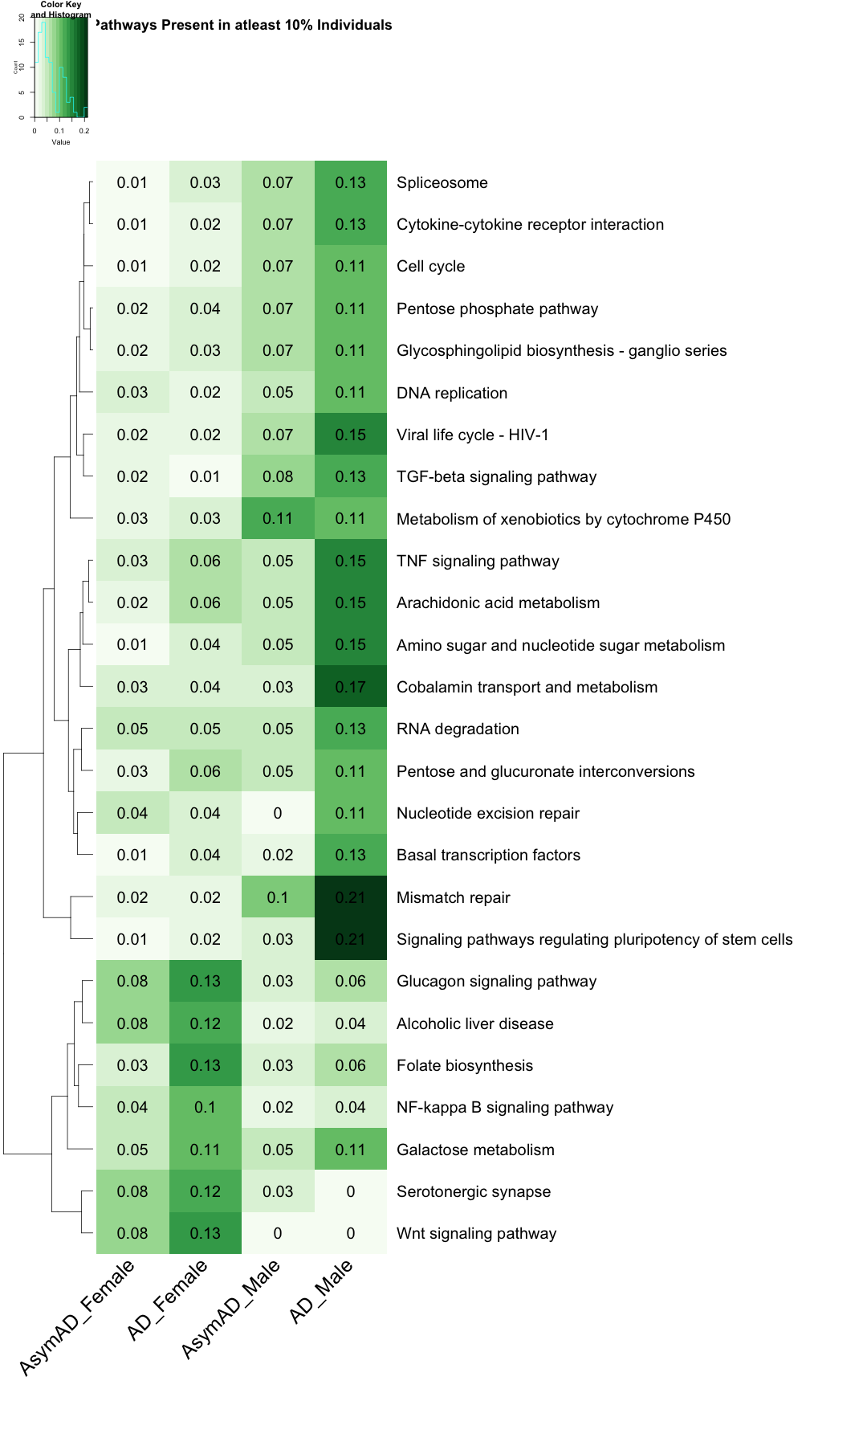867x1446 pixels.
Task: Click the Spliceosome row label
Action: (442, 183)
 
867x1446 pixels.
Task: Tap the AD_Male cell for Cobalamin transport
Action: (350, 687)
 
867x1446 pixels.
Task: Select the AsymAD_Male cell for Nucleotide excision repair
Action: (278, 813)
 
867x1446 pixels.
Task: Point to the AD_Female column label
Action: (167, 1301)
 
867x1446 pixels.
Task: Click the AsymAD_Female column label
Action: (76, 1317)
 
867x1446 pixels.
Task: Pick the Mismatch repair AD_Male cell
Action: (350, 897)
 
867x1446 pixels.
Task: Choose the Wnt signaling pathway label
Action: (476, 1234)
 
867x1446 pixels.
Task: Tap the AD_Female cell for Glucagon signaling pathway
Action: (205, 981)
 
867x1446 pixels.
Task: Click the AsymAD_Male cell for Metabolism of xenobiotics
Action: (278, 519)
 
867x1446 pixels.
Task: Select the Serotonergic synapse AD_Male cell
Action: (350, 1191)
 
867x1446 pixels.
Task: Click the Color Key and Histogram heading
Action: (61, 10)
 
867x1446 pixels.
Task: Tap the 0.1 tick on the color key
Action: (59, 130)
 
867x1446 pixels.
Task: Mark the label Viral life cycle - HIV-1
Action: (472, 435)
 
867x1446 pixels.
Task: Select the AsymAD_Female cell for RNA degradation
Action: (132, 729)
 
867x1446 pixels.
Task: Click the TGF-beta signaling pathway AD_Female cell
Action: (205, 476)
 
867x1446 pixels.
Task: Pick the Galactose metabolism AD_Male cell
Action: (350, 1150)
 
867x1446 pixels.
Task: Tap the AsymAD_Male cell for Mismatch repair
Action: (278, 897)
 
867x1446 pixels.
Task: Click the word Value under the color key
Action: (61, 142)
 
